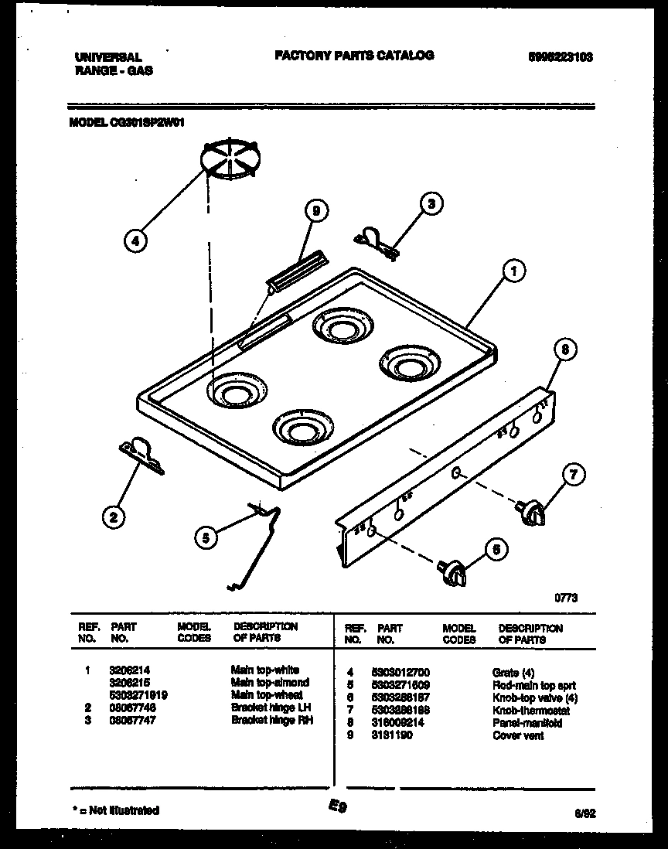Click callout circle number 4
135,240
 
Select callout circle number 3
431,204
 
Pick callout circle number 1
513,271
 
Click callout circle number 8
565,349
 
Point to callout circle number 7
573,475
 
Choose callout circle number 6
496,549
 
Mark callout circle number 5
205,539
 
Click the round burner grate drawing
230,159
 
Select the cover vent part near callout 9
293,272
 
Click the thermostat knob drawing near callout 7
532,513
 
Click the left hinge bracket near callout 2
141,455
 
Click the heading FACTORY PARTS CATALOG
354,56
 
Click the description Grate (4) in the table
513,673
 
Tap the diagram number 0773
565,597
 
